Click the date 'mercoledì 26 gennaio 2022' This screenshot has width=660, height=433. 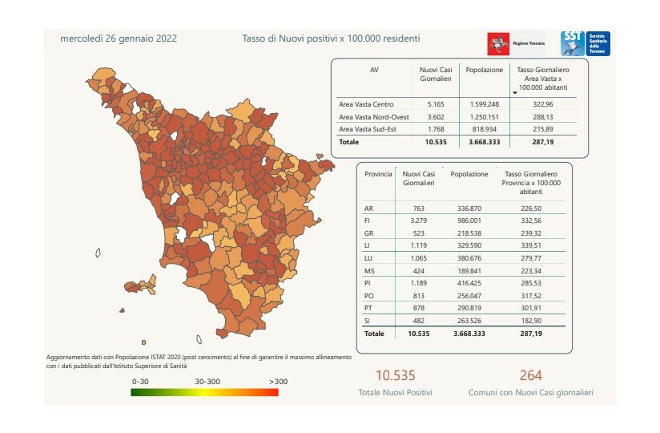point(119,38)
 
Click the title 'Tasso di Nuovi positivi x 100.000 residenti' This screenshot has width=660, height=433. point(331,38)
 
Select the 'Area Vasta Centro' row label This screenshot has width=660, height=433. point(366,104)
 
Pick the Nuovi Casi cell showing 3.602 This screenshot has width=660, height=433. point(435,116)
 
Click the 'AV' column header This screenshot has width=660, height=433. point(373,70)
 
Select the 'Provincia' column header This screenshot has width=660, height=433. point(378,173)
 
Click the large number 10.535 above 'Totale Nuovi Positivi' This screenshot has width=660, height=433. point(396,375)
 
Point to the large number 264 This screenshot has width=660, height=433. point(530,375)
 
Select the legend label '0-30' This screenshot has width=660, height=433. point(141,382)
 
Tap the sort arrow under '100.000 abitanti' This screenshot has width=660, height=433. point(515,93)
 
